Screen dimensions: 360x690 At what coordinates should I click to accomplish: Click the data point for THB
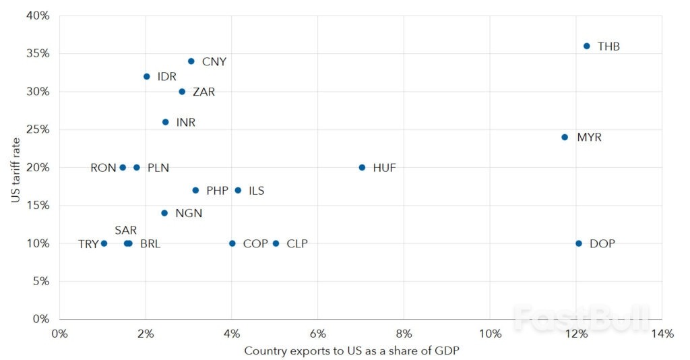click(586, 47)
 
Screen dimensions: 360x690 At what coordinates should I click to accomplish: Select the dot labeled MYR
click(565, 138)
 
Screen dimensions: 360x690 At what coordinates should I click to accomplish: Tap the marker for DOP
click(579, 243)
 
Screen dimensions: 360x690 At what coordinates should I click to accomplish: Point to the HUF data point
click(362, 167)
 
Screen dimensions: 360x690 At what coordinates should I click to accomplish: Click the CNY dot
click(191, 61)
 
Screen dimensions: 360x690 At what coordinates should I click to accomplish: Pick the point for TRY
click(104, 243)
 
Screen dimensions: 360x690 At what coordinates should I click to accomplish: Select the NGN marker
click(164, 213)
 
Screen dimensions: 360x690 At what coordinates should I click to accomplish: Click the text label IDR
click(166, 77)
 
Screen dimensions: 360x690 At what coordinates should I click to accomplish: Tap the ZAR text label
click(203, 92)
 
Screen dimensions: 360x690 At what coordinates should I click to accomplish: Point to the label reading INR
click(185, 123)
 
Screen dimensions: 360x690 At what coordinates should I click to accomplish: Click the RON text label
click(103, 168)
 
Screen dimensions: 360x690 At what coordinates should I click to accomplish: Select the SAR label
click(125, 230)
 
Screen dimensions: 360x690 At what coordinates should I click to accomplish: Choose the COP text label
click(255, 244)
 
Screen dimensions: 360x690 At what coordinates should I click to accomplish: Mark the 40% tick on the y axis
click(38, 16)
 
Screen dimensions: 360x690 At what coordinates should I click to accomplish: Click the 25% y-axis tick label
click(38, 129)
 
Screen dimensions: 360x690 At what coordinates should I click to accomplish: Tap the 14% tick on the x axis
click(662, 334)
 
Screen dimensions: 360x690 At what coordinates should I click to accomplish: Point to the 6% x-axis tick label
click(317, 334)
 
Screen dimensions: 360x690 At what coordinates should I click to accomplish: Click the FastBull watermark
click(582, 317)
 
